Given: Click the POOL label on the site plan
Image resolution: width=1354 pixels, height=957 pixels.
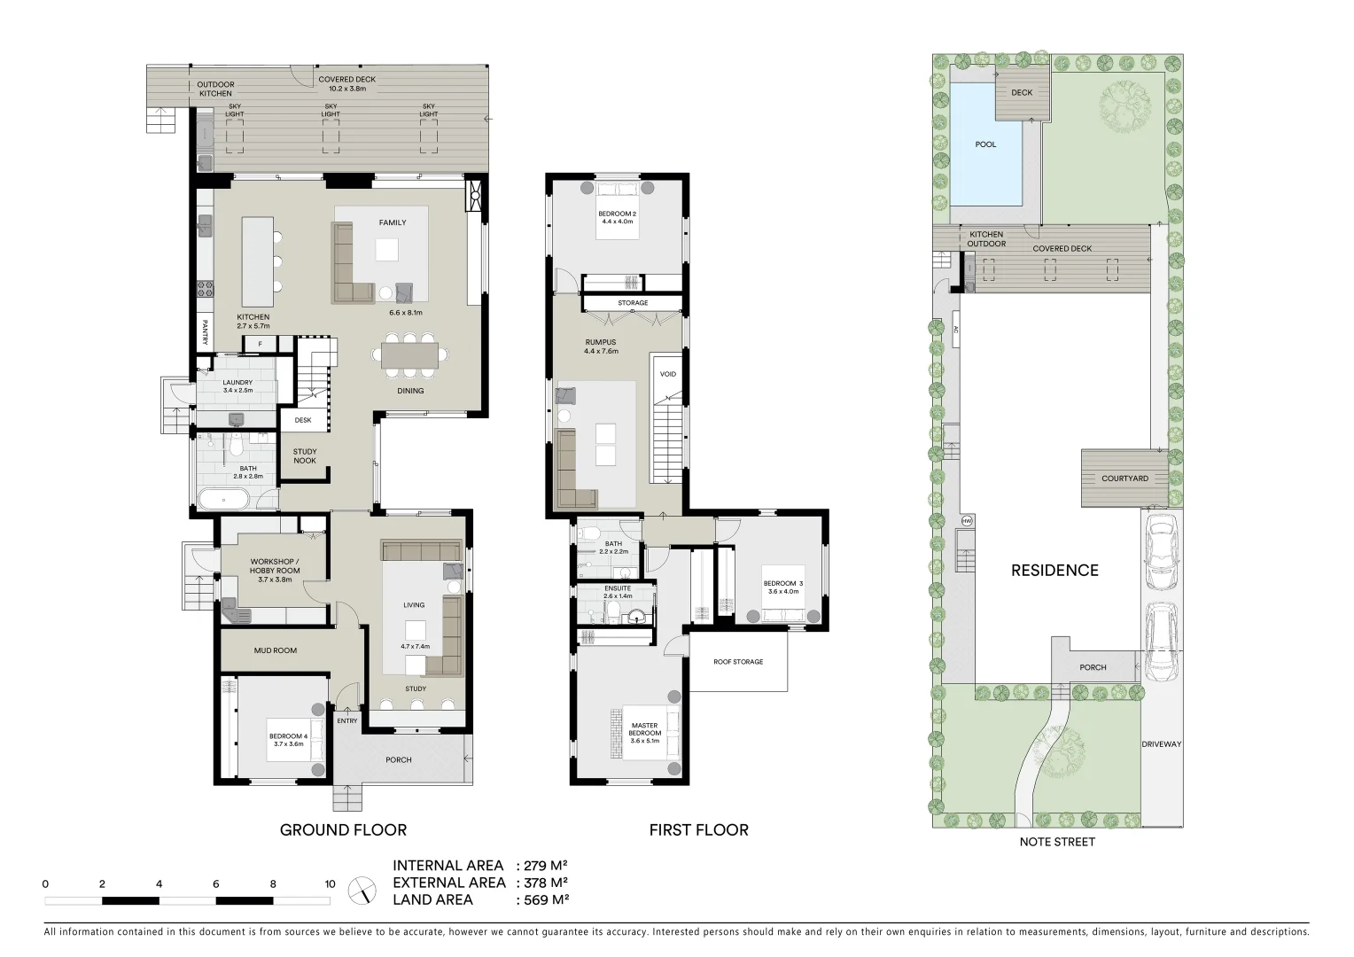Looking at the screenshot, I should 985,144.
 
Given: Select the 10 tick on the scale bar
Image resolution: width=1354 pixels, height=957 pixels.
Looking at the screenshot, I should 330,883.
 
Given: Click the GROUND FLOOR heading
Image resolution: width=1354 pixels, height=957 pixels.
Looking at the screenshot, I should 343,830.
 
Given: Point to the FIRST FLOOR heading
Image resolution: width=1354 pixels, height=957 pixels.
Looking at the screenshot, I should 698,830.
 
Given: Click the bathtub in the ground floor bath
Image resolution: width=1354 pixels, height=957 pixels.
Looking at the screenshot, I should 222,499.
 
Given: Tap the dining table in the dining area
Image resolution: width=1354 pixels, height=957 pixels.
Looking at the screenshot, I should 410,355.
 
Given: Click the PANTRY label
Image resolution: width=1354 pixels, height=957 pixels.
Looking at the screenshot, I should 205,332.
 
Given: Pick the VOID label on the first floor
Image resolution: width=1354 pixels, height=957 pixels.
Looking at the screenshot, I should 668,374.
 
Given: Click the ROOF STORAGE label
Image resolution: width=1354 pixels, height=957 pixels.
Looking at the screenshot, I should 738,662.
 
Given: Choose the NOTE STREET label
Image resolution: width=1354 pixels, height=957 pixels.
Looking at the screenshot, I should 1057,842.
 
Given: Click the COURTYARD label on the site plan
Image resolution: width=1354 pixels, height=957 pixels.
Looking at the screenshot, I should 1124,478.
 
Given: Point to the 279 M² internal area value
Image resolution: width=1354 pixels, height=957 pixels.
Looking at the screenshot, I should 541,866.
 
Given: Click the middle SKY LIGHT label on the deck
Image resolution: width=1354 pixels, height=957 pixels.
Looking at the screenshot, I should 331,109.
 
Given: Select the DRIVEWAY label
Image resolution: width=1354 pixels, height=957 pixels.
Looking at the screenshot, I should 1161,744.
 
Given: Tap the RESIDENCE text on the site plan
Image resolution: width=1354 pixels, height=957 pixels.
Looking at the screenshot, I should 1054,571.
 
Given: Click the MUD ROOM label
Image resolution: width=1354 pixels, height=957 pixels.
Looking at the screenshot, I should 276,650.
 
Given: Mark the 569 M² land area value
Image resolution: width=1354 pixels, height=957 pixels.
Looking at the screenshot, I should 541,899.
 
